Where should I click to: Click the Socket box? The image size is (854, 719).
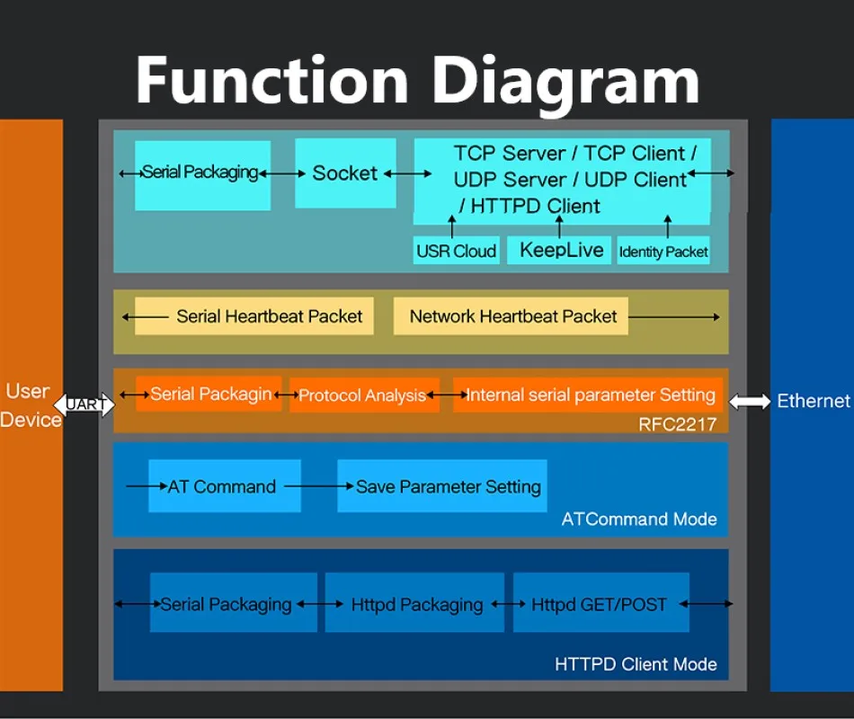click(x=345, y=173)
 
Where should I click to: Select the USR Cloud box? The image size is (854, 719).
click(x=457, y=251)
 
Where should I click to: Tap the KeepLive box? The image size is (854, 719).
click(x=559, y=250)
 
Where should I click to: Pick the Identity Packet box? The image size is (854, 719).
click(x=663, y=251)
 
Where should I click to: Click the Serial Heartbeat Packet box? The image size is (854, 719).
click(x=254, y=316)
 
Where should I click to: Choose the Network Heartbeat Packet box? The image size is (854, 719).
click(x=511, y=316)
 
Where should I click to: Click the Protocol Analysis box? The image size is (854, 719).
click(x=364, y=395)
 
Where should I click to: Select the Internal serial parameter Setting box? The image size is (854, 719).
click(x=588, y=395)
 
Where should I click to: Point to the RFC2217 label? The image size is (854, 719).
click(x=677, y=424)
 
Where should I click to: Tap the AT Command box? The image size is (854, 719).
click(x=225, y=486)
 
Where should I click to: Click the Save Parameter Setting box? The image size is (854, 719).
click(x=442, y=486)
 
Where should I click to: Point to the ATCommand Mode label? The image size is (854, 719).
click(x=639, y=519)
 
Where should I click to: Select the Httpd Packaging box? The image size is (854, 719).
click(x=414, y=602)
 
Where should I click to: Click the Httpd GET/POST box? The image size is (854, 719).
click(x=601, y=602)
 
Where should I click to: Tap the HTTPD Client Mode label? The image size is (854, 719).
click(x=636, y=664)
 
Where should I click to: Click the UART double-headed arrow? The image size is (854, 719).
click(x=85, y=404)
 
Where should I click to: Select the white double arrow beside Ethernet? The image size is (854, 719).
click(x=750, y=402)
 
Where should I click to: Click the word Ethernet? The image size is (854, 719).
click(x=814, y=401)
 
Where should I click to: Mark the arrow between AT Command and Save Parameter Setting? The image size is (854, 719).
click(x=319, y=486)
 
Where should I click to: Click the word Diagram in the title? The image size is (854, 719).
click(x=565, y=82)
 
